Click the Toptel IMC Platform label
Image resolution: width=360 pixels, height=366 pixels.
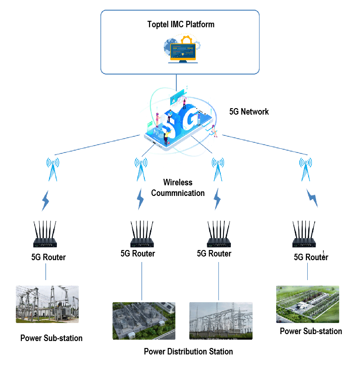click(175, 25)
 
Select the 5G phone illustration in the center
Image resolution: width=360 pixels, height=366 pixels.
click(178, 122)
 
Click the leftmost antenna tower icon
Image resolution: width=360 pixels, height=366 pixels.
click(53, 169)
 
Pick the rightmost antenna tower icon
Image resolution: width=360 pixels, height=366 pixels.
click(305, 169)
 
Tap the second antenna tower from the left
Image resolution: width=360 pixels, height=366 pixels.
click(141, 169)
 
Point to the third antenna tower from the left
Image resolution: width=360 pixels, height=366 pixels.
click(217, 169)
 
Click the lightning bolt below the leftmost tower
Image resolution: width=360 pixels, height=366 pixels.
click(45, 201)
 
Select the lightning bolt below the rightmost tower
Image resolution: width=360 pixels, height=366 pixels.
click(312, 198)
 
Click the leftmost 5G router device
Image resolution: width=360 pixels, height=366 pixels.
click(45, 235)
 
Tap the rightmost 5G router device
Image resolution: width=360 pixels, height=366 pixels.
click(304, 235)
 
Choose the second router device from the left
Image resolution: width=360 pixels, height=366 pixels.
click(142, 235)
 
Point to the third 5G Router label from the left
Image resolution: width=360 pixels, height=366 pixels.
click(215, 254)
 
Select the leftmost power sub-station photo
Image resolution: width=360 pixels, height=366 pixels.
click(47, 304)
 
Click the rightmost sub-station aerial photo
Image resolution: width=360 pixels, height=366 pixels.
click(308, 304)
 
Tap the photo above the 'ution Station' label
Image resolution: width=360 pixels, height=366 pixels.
click(221, 321)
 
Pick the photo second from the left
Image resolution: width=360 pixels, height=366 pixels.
click(144, 321)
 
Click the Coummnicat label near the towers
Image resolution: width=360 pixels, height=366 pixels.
click(171, 193)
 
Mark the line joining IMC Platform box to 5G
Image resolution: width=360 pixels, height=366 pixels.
click(176, 81)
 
